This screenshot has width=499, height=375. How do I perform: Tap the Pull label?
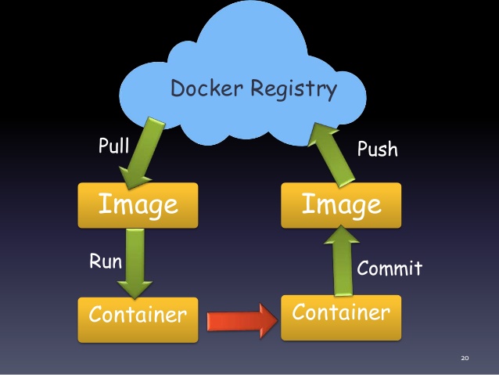[x=113, y=146]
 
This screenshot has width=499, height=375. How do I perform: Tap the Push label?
[x=377, y=149]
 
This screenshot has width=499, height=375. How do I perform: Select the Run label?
[x=105, y=261]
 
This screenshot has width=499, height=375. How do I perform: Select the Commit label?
[x=390, y=269]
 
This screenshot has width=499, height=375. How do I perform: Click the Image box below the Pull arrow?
[x=138, y=205]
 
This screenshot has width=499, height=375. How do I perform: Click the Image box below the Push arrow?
[x=342, y=205]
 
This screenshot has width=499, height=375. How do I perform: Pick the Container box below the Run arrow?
[x=138, y=316]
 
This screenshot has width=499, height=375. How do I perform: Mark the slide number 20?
[x=465, y=359]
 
